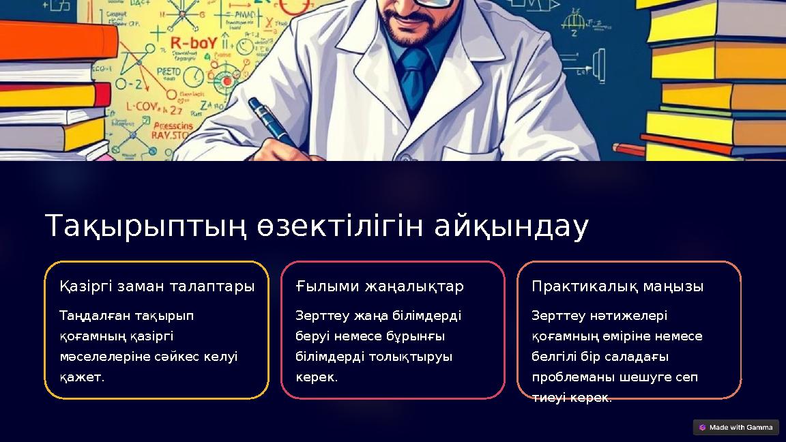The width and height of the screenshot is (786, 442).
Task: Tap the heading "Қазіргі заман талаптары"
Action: [157, 286]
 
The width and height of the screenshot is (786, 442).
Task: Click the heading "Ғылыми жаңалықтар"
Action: [379, 286]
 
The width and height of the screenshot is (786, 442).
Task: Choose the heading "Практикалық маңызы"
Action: [617, 286]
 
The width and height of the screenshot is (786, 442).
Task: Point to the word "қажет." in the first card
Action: [82, 377]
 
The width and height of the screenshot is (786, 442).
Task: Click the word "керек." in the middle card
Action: [317, 377]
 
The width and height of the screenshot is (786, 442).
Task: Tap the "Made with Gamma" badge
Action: [736, 428]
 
